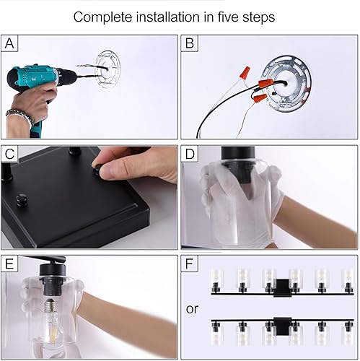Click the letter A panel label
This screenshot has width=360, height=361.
(9, 44)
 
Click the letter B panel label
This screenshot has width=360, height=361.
(190, 44)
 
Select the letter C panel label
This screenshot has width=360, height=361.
(9, 155)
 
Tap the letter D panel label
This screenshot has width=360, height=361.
(190, 155)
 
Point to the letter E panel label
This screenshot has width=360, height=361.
(9, 263)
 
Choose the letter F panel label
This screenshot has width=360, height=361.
(190, 263)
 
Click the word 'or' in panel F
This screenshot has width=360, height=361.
(192, 308)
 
